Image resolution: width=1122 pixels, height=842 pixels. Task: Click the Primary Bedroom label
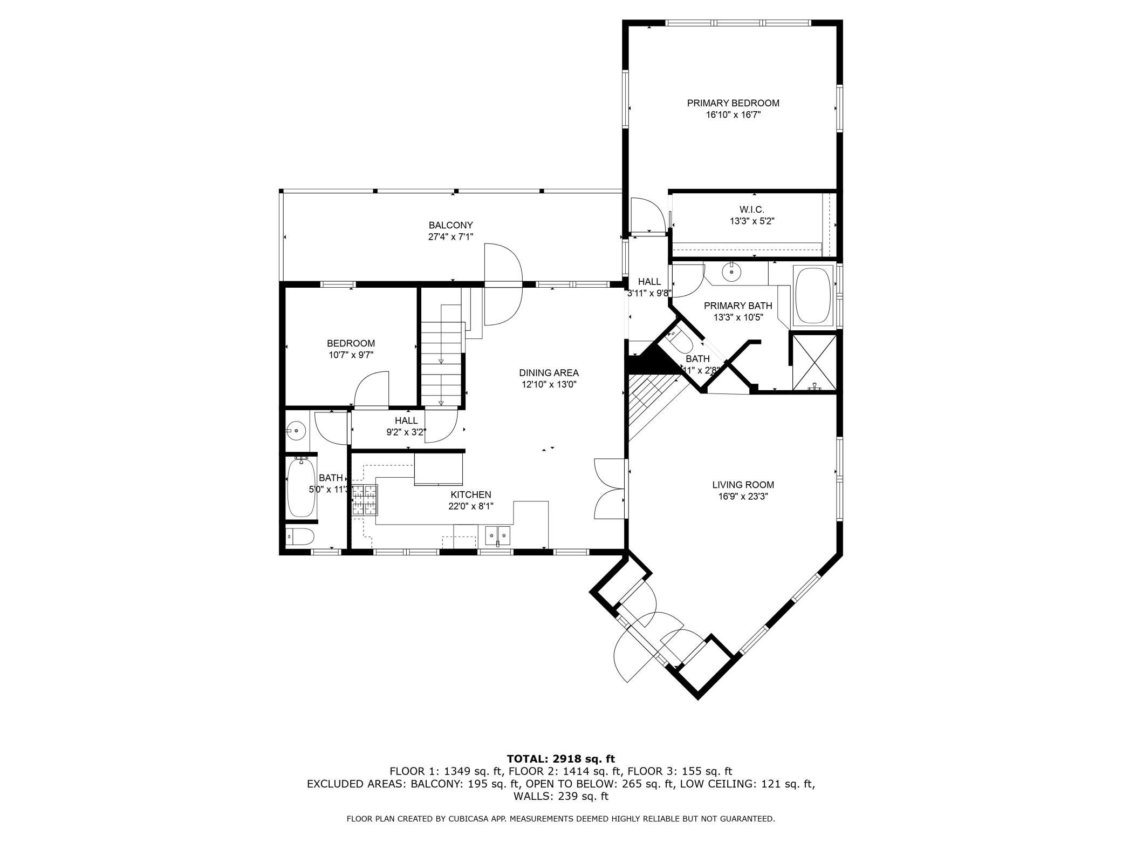[733, 103]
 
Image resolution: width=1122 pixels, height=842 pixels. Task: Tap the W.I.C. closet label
[752, 209]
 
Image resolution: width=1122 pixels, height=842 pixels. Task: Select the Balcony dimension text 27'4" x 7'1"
[451, 236]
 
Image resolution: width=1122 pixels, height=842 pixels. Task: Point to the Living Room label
[743, 485]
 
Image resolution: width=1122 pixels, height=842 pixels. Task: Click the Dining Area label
[549, 372]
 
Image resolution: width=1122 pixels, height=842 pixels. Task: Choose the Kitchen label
[471, 494]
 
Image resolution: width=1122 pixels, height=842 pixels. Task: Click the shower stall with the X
[815, 362]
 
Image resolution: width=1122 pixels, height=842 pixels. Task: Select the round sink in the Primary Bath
[731, 271]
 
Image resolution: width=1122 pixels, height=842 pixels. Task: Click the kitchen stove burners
[365, 499]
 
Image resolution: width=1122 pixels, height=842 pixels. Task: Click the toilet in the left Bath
[300, 537]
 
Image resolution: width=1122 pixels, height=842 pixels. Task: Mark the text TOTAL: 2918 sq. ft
[560, 759]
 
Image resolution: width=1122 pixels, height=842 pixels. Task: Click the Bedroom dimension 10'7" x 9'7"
[351, 355]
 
